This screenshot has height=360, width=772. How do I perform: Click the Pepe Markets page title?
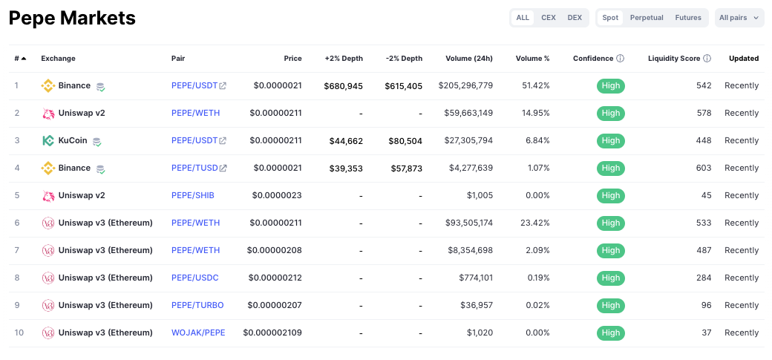pyautogui.click(x=72, y=19)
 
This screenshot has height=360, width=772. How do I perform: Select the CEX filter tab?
pyautogui.click(x=549, y=18)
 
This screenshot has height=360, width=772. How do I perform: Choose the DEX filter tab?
pyautogui.click(x=575, y=18)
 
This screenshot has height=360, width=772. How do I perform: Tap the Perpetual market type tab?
pyautogui.click(x=647, y=18)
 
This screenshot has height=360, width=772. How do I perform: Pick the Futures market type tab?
pyautogui.click(x=688, y=18)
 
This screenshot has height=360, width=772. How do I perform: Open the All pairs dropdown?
pyautogui.click(x=739, y=18)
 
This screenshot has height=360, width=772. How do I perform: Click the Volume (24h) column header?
pyautogui.click(x=469, y=59)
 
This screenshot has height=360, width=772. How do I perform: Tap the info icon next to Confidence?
pyautogui.click(x=621, y=59)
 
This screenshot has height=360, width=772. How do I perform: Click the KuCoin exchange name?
pyautogui.click(x=73, y=140)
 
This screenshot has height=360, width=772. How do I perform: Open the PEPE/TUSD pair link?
pyautogui.click(x=194, y=168)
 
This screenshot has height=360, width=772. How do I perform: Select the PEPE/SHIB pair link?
pyautogui.click(x=193, y=195)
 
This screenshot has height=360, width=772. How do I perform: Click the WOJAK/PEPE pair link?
pyautogui.click(x=198, y=333)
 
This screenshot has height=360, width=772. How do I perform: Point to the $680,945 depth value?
pyautogui.click(x=343, y=86)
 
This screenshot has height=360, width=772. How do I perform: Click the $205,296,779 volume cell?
pyautogui.click(x=465, y=85)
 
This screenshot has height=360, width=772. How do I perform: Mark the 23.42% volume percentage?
pyautogui.click(x=535, y=223)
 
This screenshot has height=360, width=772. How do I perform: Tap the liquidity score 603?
pyautogui.click(x=704, y=168)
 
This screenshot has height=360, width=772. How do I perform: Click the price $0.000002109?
pyautogui.click(x=272, y=333)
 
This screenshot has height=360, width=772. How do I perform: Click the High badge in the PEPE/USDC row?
pyautogui.click(x=611, y=278)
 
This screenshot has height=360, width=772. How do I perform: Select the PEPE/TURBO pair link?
pyautogui.click(x=197, y=305)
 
